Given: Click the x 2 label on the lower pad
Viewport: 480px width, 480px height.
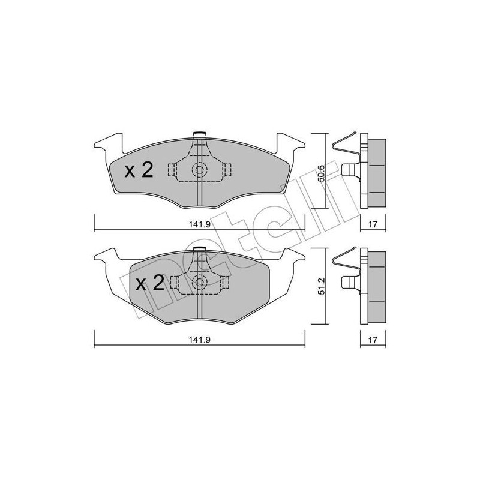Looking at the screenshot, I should (x=149, y=283).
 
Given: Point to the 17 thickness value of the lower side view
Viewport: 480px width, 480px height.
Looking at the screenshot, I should (x=372, y=339).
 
